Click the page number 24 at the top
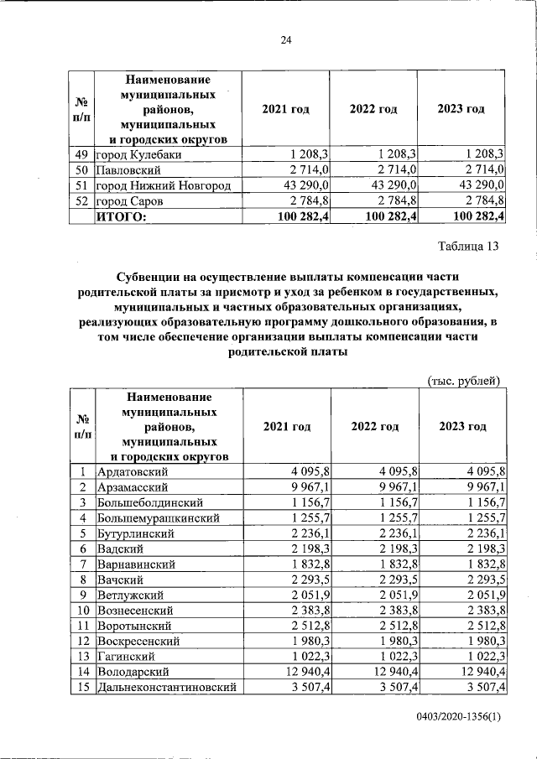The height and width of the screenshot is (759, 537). coord(285,40)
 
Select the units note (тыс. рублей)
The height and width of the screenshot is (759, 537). coord(464,380)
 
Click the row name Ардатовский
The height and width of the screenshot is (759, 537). coord(134,471)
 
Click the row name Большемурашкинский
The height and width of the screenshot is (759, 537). coord(157,518)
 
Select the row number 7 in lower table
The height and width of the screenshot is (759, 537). coord(83,564)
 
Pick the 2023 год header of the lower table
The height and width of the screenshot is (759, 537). coord(462,426)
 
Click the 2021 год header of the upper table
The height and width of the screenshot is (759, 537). coord(286,110)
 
